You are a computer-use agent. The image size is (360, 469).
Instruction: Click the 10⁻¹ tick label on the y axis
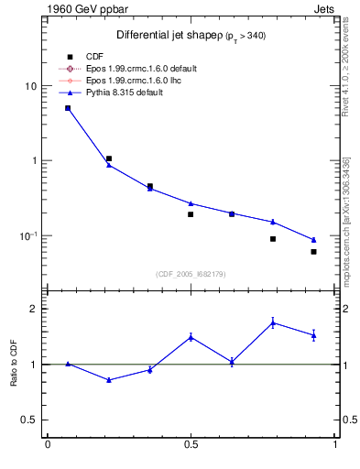(27, 235)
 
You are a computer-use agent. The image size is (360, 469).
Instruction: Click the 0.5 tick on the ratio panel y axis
(28, 420)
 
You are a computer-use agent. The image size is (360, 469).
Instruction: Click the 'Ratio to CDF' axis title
(13, 364)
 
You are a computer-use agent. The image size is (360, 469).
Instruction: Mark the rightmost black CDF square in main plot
(313, 252)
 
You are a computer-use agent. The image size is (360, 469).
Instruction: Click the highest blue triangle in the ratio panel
(273, 322)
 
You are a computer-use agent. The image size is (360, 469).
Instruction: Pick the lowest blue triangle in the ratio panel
(109, 379)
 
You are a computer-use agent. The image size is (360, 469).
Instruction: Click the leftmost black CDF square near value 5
(68, 108)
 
